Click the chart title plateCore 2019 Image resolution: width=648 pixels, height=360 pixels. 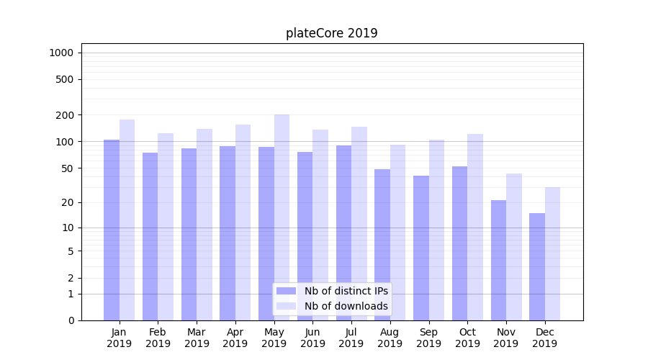coord(331,33)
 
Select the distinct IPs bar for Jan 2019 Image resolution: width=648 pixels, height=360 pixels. coord(112,230)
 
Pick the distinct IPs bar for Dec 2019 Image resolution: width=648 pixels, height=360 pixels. coord(537,266)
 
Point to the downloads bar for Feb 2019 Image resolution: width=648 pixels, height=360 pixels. coord(166,227)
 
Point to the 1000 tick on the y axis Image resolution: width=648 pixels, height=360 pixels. coord(62,53)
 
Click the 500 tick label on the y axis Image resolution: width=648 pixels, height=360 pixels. coord(66,79)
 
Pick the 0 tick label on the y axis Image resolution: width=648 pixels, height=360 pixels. coord(71,320)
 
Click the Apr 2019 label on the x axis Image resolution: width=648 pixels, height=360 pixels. coord(235,338)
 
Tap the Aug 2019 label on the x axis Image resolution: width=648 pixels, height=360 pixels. coord(390,338)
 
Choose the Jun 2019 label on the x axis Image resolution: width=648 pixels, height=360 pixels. coord(312,338)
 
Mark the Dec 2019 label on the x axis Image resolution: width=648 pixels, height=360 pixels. coord(545,338)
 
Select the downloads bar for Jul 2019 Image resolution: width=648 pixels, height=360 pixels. coord(359,223)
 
